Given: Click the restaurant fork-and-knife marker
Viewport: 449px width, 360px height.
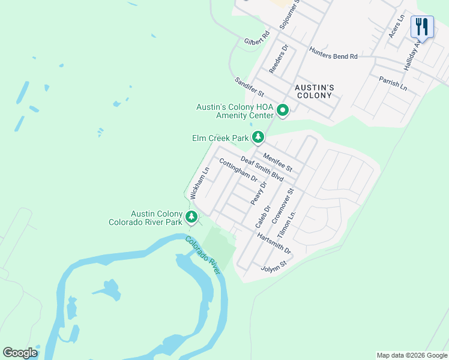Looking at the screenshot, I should [x=422, y=27].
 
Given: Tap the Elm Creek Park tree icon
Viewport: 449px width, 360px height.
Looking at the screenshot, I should [x=258, y=138].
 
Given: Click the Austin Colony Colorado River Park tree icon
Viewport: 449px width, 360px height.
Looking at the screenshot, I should [x=191, y=217].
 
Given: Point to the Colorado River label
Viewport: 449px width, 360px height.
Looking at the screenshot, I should [x=203, y=256].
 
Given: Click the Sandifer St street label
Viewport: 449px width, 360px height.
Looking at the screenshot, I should [x=249, y=87].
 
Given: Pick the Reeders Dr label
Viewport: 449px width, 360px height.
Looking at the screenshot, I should [x=279, y=59].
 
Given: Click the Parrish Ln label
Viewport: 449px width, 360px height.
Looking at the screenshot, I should [x=393, y=83].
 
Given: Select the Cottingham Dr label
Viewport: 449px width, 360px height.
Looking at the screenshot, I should [x=238, y=170].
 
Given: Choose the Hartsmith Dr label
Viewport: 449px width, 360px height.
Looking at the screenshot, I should [x=273, y=242].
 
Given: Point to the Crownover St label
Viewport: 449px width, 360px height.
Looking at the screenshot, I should [x=283, y=206].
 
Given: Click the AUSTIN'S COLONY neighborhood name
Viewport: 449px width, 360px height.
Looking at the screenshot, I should [x=314, y=91].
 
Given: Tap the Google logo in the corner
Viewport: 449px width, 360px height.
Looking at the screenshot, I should [x=20, y=353].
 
